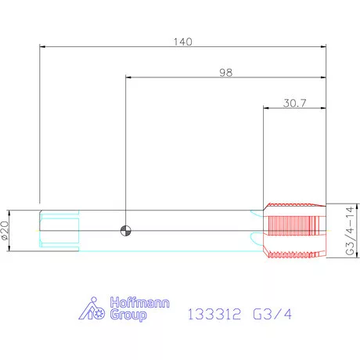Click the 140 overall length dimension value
pos(183,41)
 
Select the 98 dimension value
pos(225,73)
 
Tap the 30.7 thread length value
pos(295,103)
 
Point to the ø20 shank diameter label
pos(5,230)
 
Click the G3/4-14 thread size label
pos(350,231)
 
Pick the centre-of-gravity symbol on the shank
pos(126,231)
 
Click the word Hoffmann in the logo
pos(139,302)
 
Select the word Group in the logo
pos(128,315)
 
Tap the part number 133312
pos(214,314)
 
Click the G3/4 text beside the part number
pos(272,314)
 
